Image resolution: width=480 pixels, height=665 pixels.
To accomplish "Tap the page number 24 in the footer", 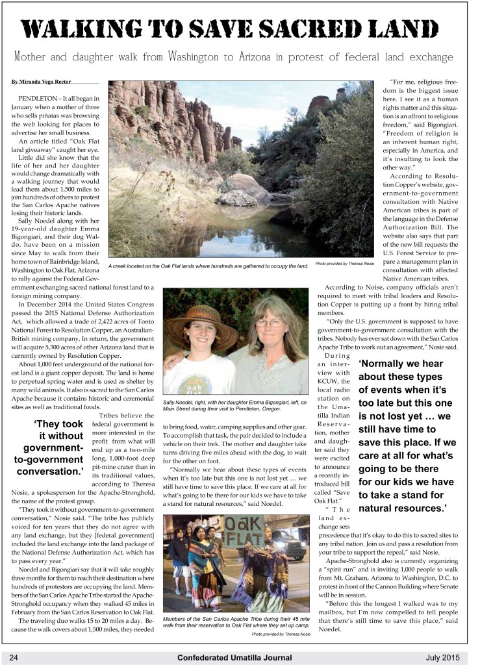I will click(14, 657).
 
